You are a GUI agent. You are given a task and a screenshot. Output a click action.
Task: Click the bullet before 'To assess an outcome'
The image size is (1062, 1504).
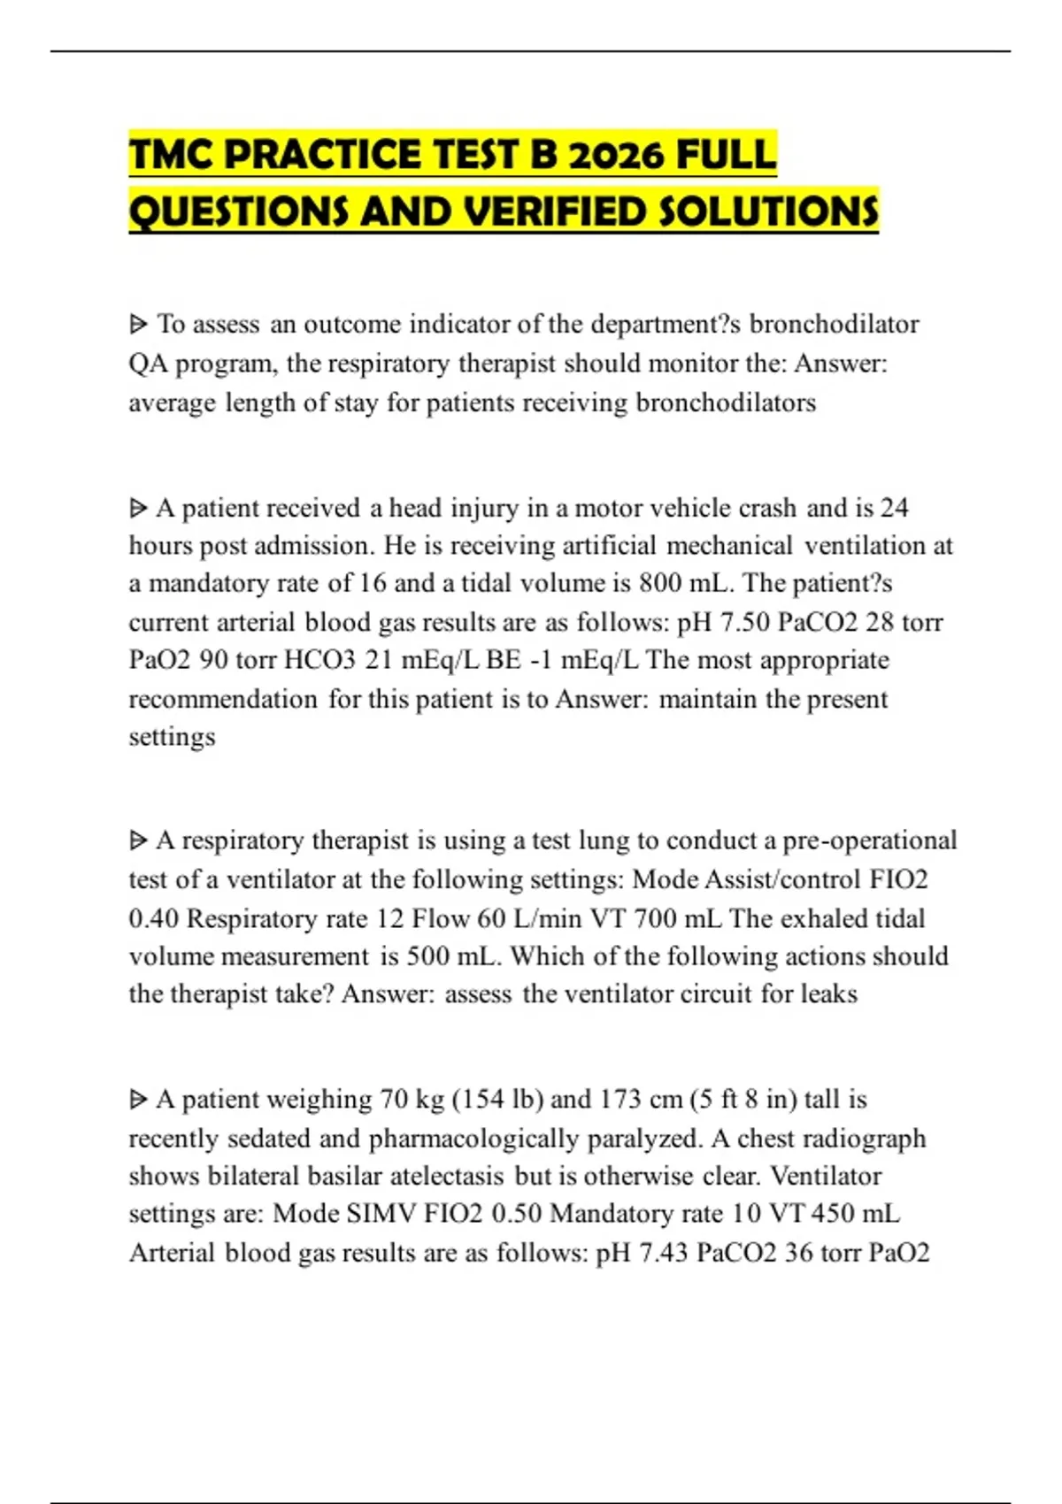point(138,325)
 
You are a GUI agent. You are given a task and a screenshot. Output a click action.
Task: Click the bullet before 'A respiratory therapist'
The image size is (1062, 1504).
point(138,840)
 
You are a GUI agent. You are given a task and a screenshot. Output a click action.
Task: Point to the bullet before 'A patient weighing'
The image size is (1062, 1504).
point(138,1100)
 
